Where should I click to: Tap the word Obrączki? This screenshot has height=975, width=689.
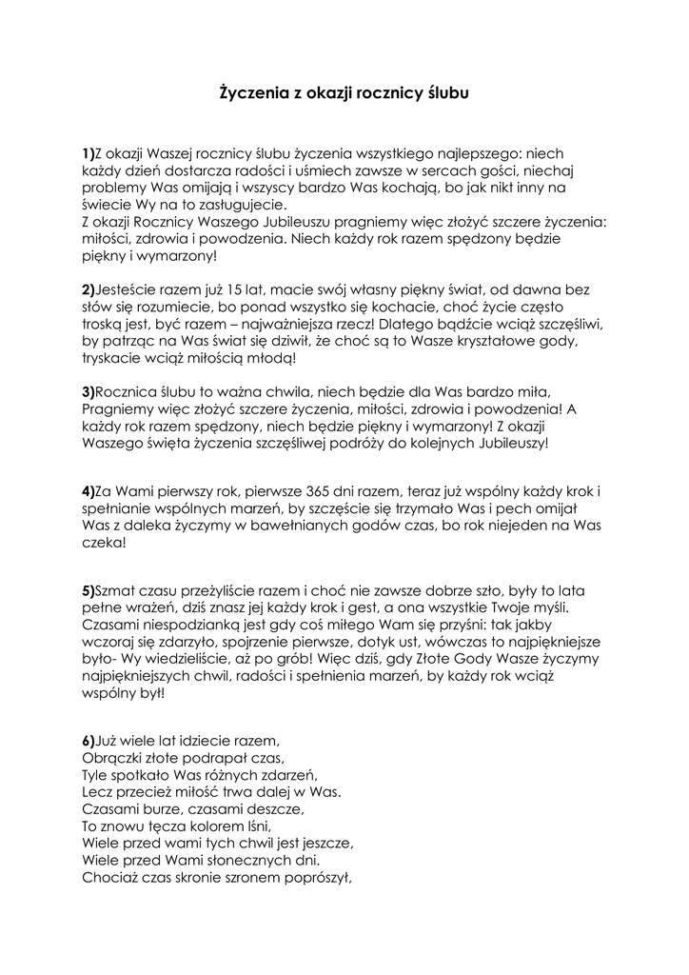[109, 758]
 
